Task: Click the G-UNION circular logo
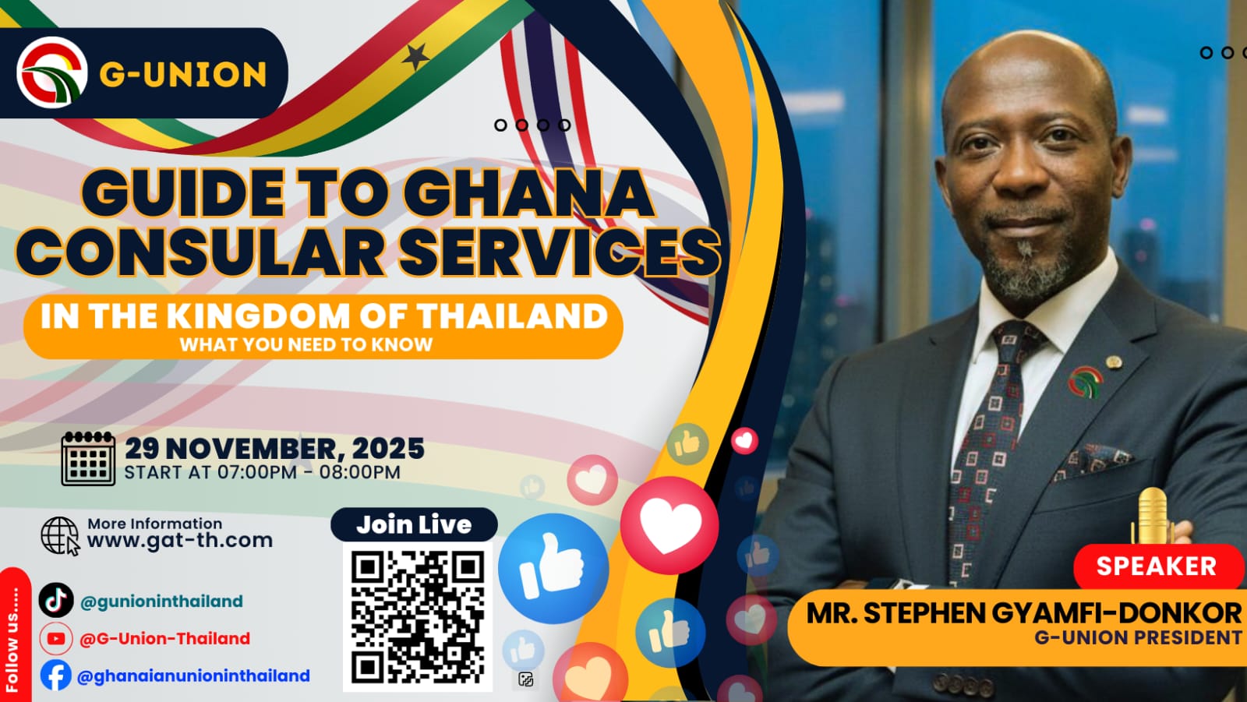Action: click(x=51, y=72)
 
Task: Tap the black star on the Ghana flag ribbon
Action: click(x=415, y=57)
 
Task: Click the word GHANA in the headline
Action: click(x=528, y=193)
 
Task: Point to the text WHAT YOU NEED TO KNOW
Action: click(x=306, y=344)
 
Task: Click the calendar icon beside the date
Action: click(x=89, y=458)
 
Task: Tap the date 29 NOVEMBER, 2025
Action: click(x=274, y=449)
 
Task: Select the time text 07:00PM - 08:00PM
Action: click(x=309, y=472)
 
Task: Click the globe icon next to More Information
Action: click(x=60, y=535)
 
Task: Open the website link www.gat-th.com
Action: click(x=180, y=540)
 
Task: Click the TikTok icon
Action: click(x=56, y=600)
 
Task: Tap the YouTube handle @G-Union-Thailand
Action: click(x=164, y=638)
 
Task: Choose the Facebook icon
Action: click(x=55, y=676)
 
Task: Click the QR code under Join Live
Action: click(x=418, y=617)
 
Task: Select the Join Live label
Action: click(x=414, y=524)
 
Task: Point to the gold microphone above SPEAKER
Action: click(x=1152, y=516)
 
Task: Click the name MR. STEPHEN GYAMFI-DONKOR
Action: click(x=1023, y=613)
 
